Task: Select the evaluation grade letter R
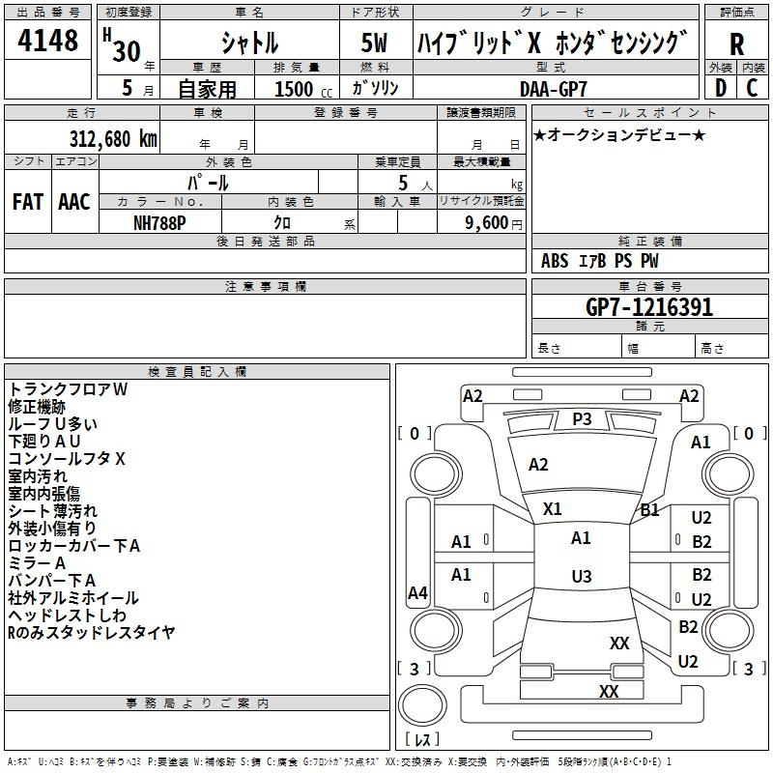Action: pyautogui.click(x=736, y=44)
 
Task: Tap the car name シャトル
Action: pyautogui.click(x=248, y=43)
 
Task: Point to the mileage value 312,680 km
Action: pyautogui.click(x=113, y=138)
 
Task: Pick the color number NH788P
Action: pyautogui.click(x=160, y=221)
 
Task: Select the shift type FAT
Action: pyautogui.click(x=27, y=201)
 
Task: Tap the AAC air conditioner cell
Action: pyautogui.click(x=73, y=201)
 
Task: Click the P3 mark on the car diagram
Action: pyautogui.click(x=582, y=418)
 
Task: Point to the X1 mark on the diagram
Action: pyautogui.click(x=553, y=508)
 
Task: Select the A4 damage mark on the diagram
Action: pyautogui.click(x=417, y=593)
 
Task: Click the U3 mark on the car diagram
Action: pyautogui.click(x=581, y=576)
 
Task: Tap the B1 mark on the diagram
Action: pyautogui.click(x=649, y=510)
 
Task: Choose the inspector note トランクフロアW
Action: pyautogui.click(x=68, y=388)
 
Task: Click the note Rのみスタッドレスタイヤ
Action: pyautogui.click(x=92, y=633)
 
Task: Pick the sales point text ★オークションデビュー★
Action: pyautogui.click(x=618, y=134)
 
